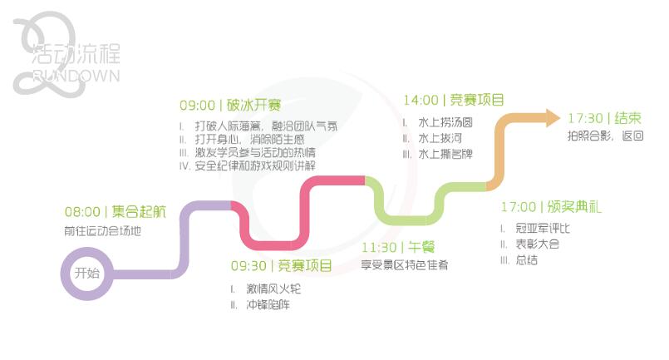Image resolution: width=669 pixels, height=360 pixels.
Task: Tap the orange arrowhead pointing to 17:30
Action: (552, 117)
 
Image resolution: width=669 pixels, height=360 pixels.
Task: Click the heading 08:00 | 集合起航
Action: (116, 212)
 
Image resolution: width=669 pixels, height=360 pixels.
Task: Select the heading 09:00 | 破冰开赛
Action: (230, 106)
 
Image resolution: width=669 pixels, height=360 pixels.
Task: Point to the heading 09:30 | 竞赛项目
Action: (281, 266)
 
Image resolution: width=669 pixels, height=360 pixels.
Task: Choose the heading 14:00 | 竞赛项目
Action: (454, 101)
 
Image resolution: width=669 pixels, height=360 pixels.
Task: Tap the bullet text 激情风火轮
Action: (273, 288)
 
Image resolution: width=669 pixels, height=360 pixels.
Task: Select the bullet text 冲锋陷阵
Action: (268, 305)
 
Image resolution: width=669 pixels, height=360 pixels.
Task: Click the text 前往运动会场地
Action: (103, 231)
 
